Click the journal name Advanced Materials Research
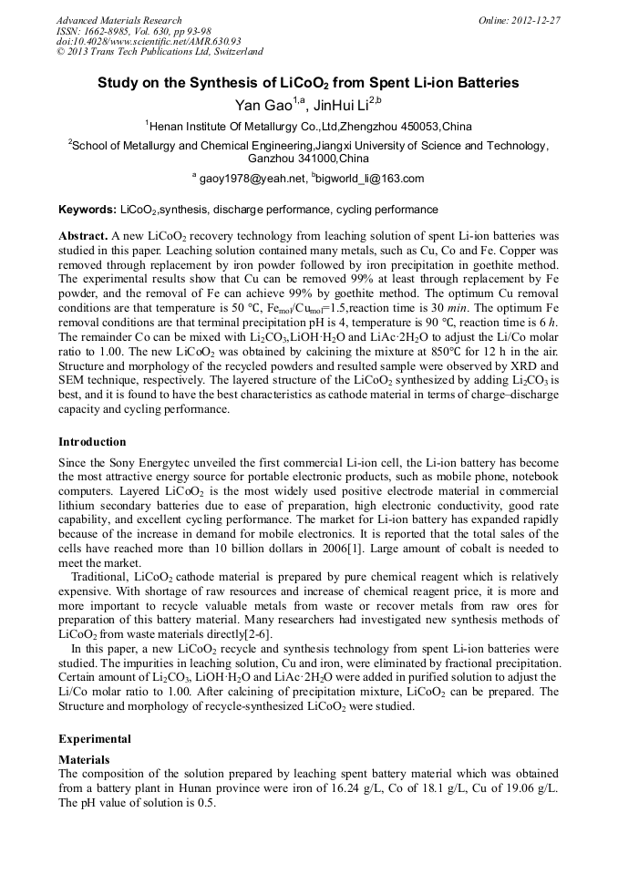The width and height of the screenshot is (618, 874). [118, 20]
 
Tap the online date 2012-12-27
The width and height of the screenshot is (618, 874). [531, 20]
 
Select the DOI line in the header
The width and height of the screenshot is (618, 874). [149, 41]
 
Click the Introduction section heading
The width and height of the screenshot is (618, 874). [92, 441]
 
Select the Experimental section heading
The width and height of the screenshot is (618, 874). [95, 738]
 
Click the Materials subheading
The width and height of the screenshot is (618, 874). [84, 758]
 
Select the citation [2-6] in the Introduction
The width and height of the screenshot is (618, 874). [252, 634]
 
